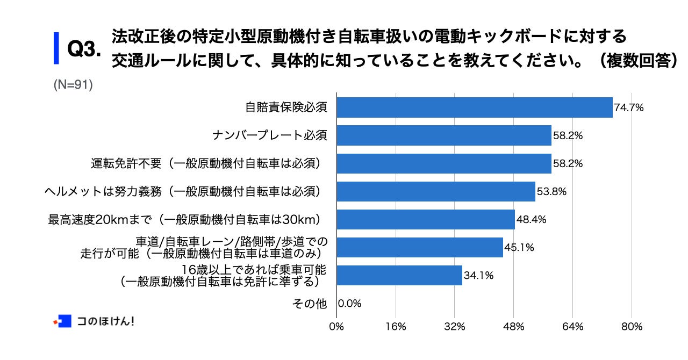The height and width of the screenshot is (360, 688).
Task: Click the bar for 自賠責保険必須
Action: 475,107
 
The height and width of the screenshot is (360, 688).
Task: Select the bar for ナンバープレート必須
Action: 444,135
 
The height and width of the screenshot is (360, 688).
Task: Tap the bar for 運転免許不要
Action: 444,163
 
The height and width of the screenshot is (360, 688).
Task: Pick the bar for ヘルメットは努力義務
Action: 436,191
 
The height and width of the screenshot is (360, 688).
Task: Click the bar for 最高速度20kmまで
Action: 426,219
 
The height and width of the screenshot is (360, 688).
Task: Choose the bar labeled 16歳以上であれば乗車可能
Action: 399,275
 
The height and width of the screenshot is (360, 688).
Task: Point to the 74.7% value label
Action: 629,107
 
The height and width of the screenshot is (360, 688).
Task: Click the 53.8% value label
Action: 551,191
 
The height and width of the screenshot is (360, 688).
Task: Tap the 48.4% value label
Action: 531,219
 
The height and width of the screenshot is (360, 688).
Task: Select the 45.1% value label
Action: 519,248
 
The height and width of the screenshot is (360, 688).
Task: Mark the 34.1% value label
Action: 478,276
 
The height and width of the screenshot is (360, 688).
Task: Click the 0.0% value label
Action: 350,304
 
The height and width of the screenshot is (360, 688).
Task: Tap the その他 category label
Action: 309,304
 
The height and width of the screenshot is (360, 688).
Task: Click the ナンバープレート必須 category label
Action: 269,135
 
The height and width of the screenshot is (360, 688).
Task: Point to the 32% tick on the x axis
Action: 455,327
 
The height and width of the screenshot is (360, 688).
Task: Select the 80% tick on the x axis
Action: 632,327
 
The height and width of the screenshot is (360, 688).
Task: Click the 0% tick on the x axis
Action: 337,327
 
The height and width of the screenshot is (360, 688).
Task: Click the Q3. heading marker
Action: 84,50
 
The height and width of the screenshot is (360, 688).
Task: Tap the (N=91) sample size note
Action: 73,85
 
